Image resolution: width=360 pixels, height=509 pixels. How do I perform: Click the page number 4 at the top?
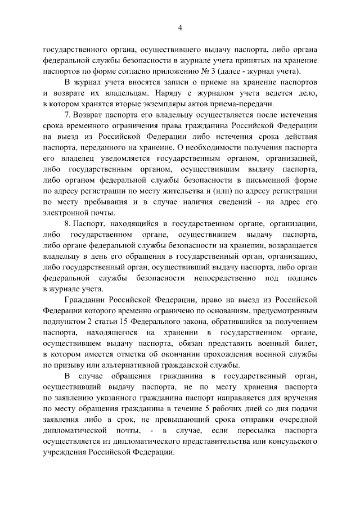point(180,28)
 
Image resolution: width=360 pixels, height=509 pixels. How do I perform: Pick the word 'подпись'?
point(301,277)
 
